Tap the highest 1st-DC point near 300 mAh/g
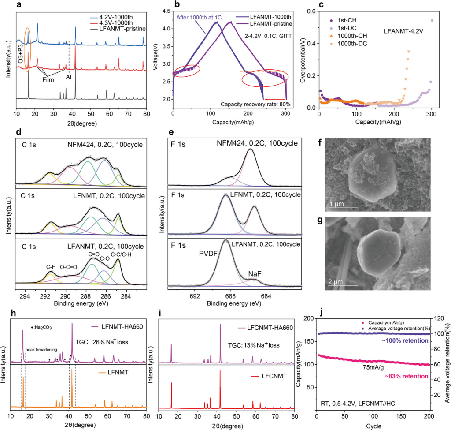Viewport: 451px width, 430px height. coord(432,20)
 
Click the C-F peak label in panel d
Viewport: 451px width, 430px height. coord(50,266)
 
